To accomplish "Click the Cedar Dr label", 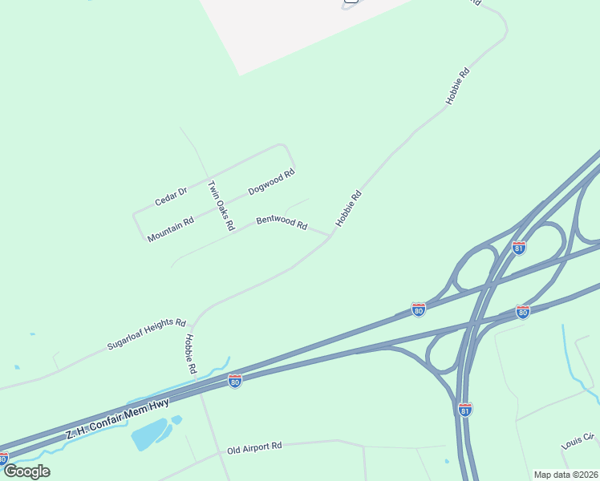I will (x=171, y=196).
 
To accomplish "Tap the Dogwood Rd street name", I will (x=271, y=182).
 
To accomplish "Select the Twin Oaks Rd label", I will (x=221, y=206).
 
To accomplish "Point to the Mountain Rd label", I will (x=171, y=229).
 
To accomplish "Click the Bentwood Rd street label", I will (x=282, y=222).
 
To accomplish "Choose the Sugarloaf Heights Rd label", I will (x=147, y=333).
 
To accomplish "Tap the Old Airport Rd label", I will (x=254, y=447).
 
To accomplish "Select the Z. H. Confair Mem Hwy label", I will (x=117, y=417).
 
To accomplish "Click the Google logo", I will (x=26, y=471).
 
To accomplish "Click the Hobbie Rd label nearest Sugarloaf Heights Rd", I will (x=190, y=354).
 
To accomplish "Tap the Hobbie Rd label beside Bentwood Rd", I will (x=349, y=208).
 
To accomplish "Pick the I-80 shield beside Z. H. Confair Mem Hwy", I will (x=234, y=382).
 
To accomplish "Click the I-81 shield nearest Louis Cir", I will (x=464, y=410).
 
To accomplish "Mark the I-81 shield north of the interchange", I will (x=519, y=248).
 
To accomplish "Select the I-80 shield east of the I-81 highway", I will (x=522, y=312).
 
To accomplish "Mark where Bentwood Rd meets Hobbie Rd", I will (x=330, y=236).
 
